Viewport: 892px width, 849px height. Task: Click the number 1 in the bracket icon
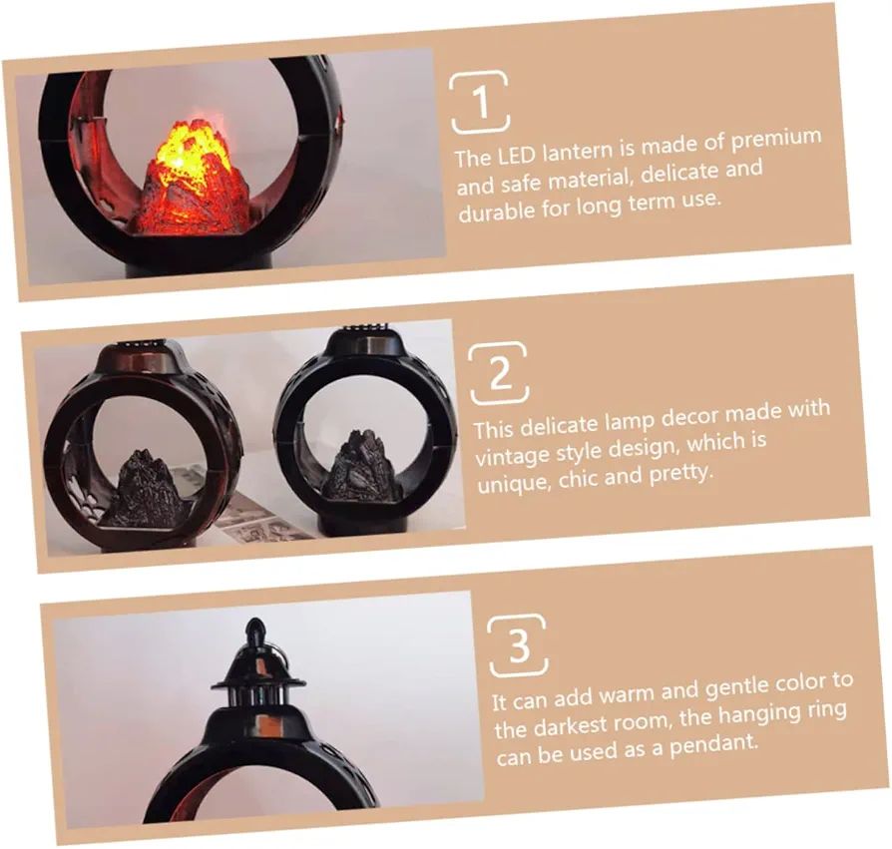(x=481, y=103)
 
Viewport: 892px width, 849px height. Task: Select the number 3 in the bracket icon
(x=519, y=644)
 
